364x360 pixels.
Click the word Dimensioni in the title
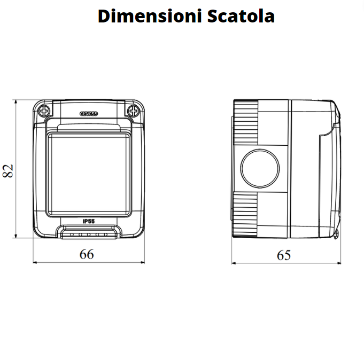click(143, 17)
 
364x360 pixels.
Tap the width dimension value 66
click(86, 254)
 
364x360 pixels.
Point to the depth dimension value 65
click(284, 255)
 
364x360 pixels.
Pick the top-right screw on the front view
click(133, 111)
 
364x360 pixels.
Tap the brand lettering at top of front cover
click(89, 113)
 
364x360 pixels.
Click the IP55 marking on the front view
click(89, 221)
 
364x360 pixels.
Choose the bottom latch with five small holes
click(89, 233)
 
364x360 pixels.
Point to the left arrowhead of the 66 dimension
click(35, 262)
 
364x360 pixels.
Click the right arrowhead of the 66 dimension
click(143, 262)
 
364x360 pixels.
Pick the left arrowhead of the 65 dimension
click(234, 262)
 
